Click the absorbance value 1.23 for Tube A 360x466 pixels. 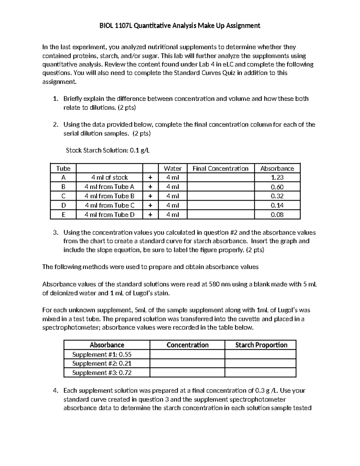click(x=277, y=177)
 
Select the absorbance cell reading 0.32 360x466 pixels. click(x=277, y=196)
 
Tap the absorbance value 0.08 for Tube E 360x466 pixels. click(x=277, y=215)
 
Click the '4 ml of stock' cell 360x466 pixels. click(x=109, y=177)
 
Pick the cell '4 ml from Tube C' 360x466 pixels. click(x=109, y=205)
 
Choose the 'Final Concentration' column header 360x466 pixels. click(x=220, y=168)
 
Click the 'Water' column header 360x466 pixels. click(x=172, y=168)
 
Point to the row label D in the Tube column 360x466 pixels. click(x=63, y=205)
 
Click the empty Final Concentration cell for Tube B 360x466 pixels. click(x=220, y=187)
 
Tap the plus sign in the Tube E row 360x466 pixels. click(x=150, y=215)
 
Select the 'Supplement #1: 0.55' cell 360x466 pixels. click(x=102, y=354)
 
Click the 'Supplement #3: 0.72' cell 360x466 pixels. click(x=102, y=373)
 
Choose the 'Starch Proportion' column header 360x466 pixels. click(x=261, y=345)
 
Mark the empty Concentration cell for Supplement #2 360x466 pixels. click(x=187, y=363)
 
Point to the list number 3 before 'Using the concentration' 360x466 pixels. click(x=55, y=233)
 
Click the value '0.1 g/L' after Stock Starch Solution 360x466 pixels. click(x=139, y=150)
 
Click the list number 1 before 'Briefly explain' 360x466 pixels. click(x=55, y=99)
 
